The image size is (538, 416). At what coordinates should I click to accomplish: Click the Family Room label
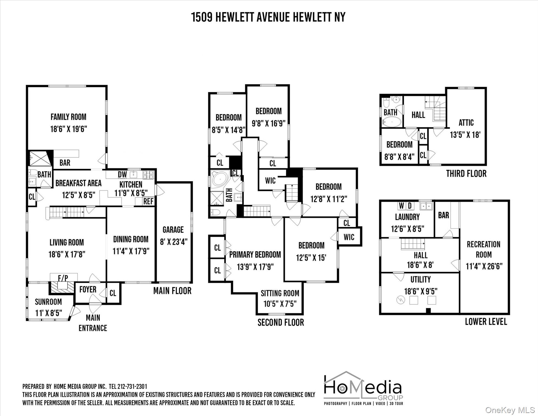68,117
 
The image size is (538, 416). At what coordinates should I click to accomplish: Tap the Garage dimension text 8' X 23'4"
173,242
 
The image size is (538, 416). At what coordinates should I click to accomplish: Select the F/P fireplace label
63,278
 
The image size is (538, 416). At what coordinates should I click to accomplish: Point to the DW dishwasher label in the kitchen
122,174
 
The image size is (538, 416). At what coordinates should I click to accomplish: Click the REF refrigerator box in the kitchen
148,201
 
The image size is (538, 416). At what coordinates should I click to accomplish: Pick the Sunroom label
48,302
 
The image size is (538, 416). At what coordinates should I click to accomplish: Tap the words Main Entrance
93,323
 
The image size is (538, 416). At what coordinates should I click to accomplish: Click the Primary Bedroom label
255,255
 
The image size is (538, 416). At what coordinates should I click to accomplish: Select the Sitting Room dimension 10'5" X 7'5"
280,304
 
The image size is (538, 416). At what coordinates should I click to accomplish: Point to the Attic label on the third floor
466,123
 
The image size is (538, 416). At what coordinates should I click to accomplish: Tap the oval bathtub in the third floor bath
392,122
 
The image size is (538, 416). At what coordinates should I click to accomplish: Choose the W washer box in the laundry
402,206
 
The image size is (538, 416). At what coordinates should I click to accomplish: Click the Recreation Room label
484,249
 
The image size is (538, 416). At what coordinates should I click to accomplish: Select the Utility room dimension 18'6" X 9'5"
421,291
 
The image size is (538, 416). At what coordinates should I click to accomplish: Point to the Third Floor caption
466,174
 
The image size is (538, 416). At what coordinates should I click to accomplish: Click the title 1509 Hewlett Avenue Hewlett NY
268,17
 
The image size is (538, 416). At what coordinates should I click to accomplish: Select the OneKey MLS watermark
510,410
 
